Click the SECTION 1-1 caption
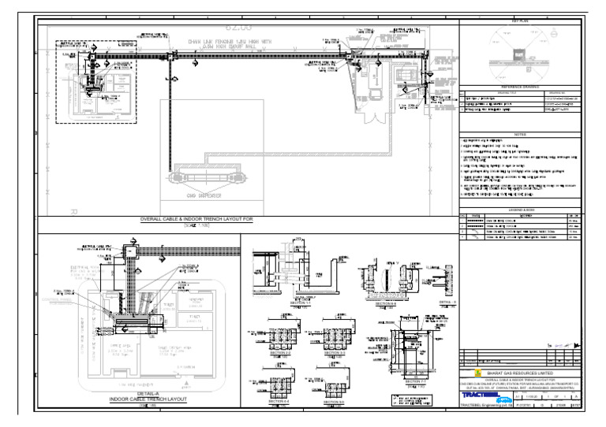click(x=275, y=301)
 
